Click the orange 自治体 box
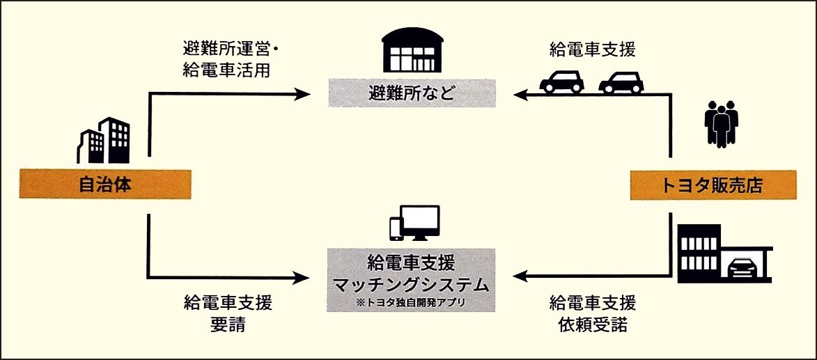[104, 185]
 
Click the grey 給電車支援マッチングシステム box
[412, 278]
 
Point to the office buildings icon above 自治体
[102, 141]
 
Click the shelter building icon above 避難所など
[412, 52]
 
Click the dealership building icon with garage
[724, 253]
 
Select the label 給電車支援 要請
[228, 314]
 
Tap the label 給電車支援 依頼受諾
[593, 314]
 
